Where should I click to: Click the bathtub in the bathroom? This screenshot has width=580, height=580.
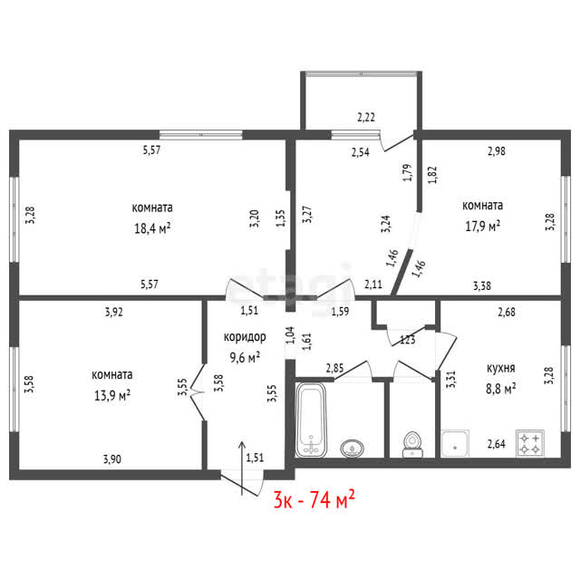point(311,420)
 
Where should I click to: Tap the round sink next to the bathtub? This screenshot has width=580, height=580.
point(352,449)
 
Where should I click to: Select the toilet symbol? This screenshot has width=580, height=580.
point(412,444)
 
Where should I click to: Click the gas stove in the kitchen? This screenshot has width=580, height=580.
point(529,443)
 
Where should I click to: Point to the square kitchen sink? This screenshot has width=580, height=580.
point(455,443)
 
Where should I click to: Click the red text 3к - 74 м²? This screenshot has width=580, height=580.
point(314,499)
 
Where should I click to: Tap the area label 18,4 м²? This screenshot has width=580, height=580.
point(152,227)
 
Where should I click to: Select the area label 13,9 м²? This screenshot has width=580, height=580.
point(112,395)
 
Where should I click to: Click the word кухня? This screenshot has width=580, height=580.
point(501,369)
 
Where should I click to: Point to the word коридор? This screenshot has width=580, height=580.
point(245,337)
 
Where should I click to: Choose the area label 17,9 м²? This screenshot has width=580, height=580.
point(483,226)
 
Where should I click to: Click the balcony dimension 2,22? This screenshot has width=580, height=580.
point(366,117)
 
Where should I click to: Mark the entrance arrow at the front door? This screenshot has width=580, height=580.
point(242,469)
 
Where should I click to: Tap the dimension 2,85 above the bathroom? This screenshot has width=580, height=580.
point(334,368)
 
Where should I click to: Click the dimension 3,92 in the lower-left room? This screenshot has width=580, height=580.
point(114,312)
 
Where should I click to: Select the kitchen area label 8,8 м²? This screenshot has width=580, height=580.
point(501,389)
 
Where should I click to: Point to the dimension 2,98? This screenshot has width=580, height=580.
point(497,151)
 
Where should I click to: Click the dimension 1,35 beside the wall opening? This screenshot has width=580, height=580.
point(280,218)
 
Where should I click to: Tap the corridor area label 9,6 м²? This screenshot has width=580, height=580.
point(245,357)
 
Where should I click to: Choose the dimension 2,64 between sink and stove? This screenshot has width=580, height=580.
point(497,444)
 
